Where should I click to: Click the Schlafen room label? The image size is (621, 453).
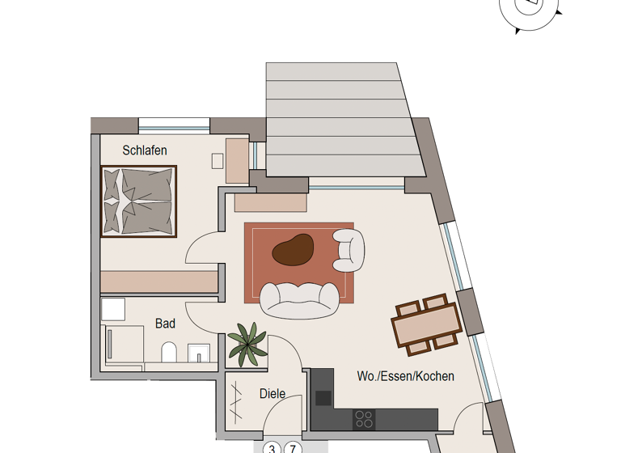145,150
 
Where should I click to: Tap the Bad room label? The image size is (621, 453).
165,324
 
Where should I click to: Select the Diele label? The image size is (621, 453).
272,394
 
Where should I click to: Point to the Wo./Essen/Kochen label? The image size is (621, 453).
405,376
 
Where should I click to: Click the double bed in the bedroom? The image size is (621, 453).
138,201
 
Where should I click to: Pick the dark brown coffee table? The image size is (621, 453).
293,251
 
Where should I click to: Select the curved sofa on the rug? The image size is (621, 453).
299,299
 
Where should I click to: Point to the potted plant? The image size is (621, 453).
247,343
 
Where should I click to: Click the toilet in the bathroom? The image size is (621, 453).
169,353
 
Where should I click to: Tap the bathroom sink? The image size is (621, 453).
199,354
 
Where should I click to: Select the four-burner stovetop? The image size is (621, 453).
365,419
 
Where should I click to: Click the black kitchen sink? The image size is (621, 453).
323,397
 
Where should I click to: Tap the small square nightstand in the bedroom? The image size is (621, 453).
218,161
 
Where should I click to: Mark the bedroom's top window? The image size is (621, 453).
174,125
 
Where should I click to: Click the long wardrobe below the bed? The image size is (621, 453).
159,281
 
